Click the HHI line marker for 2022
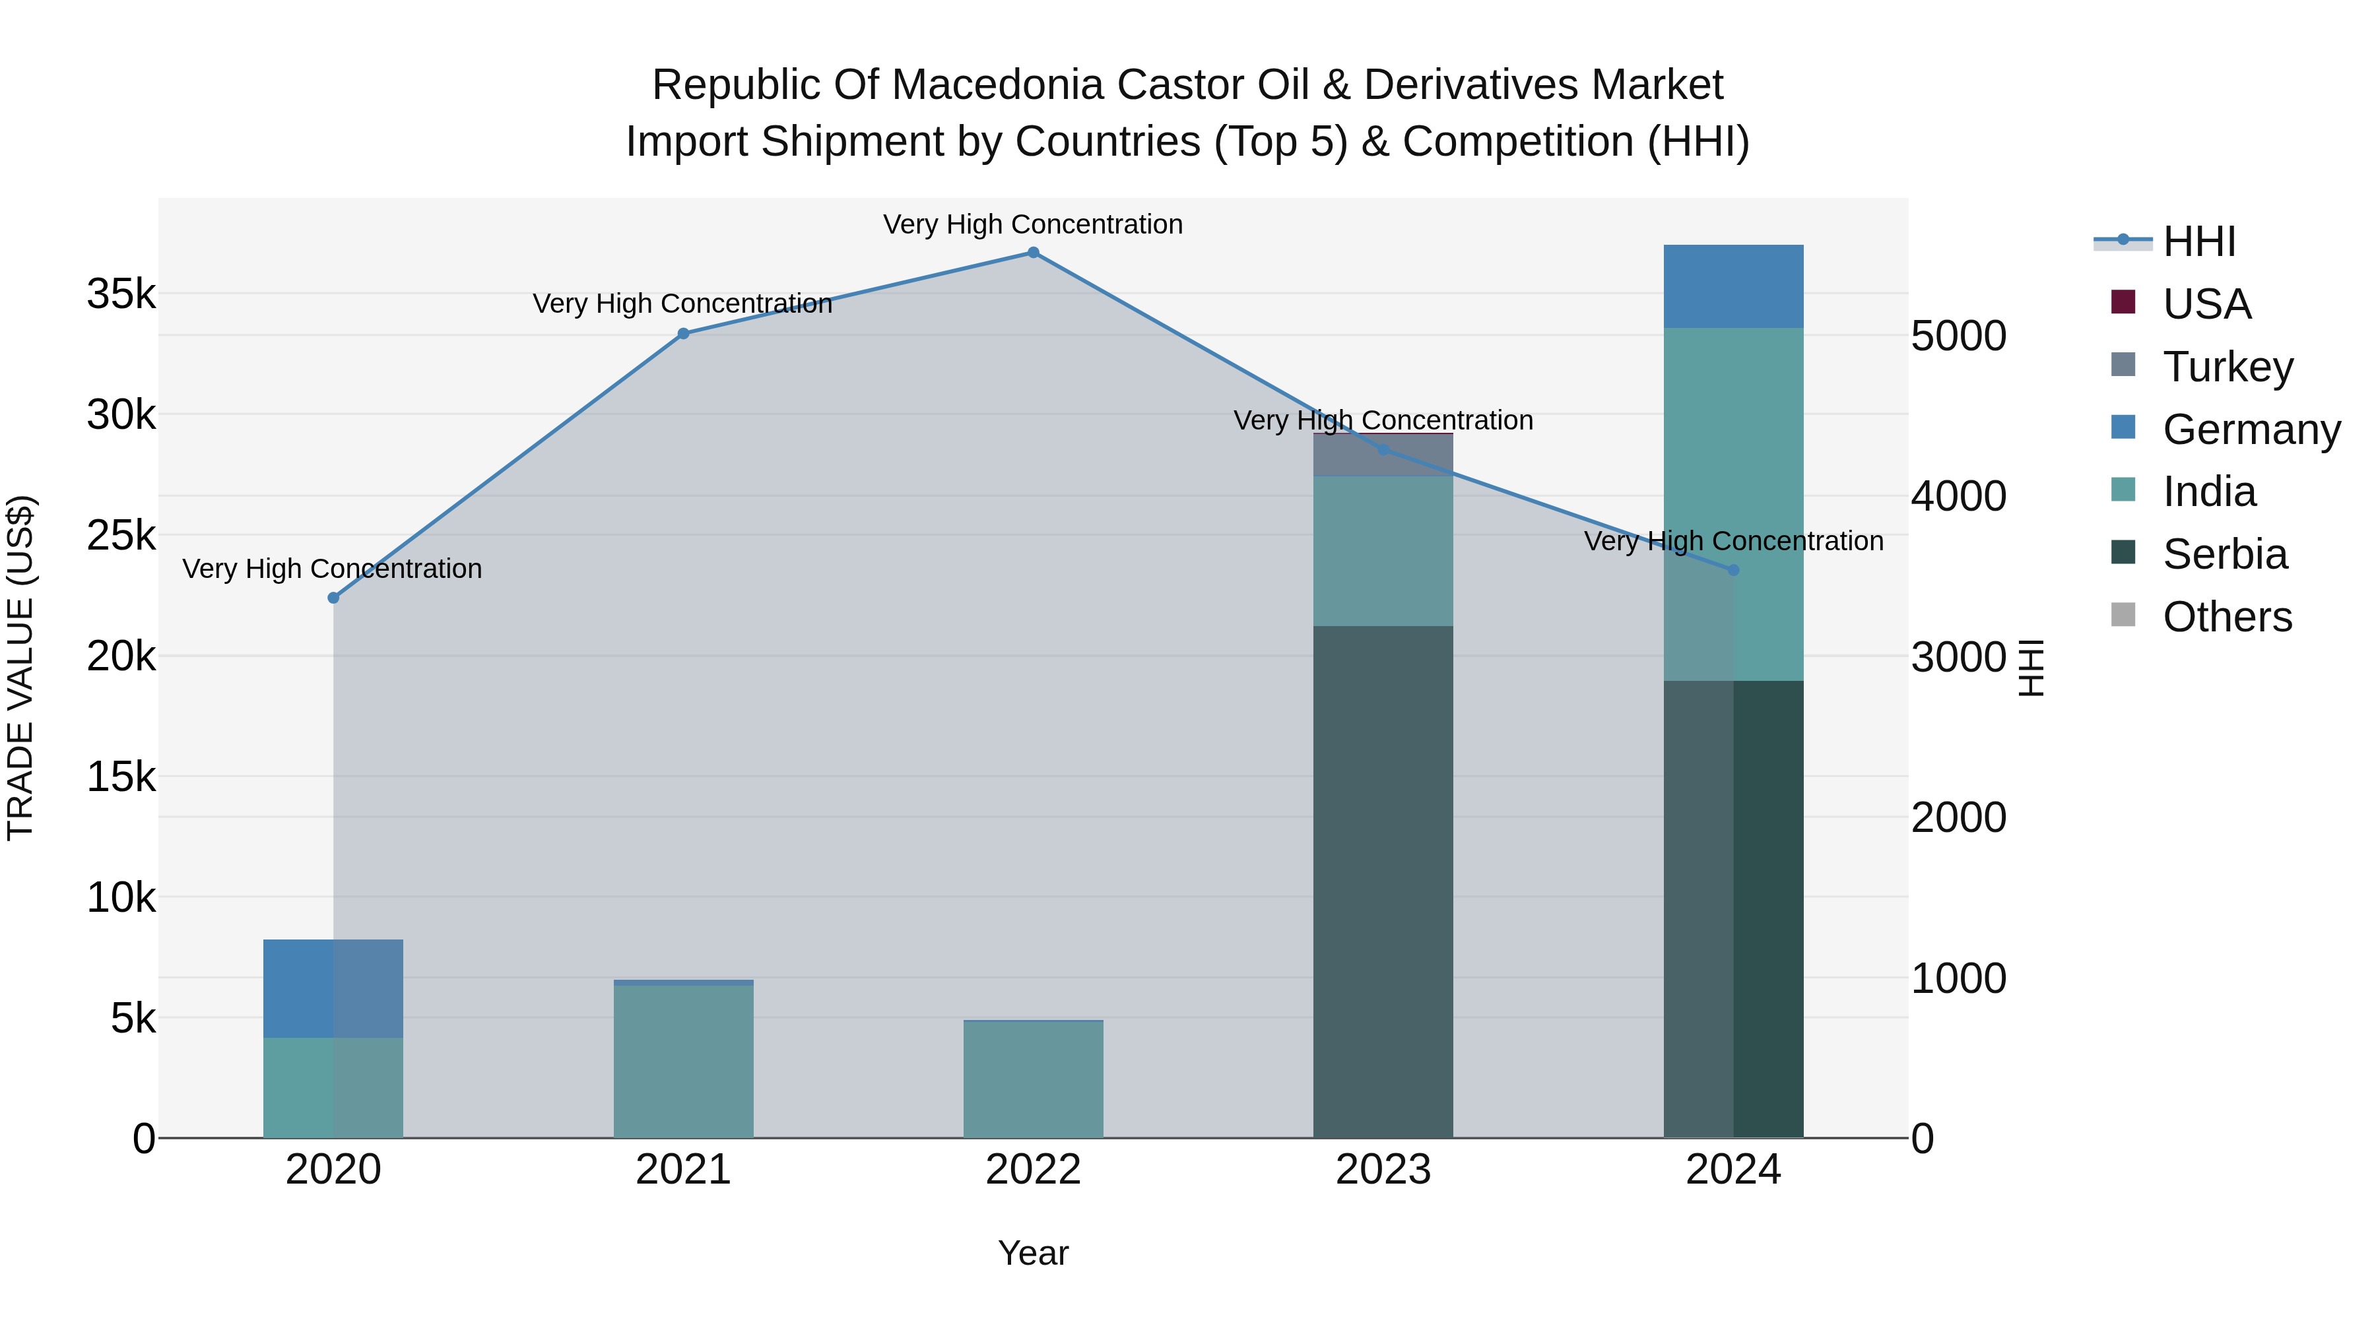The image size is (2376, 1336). point(1033,253)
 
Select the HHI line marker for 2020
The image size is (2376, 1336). point(334,598)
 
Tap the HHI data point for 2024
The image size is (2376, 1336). point(1733,571)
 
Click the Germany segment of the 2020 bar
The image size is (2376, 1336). point(333,988)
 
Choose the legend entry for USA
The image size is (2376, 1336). point(2206,303)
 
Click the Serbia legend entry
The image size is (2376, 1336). point(2225,554)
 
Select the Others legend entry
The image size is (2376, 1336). point(2227,617)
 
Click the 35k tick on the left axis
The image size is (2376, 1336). point(121,294)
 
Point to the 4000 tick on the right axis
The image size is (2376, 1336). point(1958,496)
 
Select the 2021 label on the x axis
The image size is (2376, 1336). point(682,1170)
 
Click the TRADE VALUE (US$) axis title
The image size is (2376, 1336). point(20,668)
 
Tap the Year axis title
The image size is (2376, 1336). point(1033,1253)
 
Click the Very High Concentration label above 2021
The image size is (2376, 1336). point(682,303)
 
